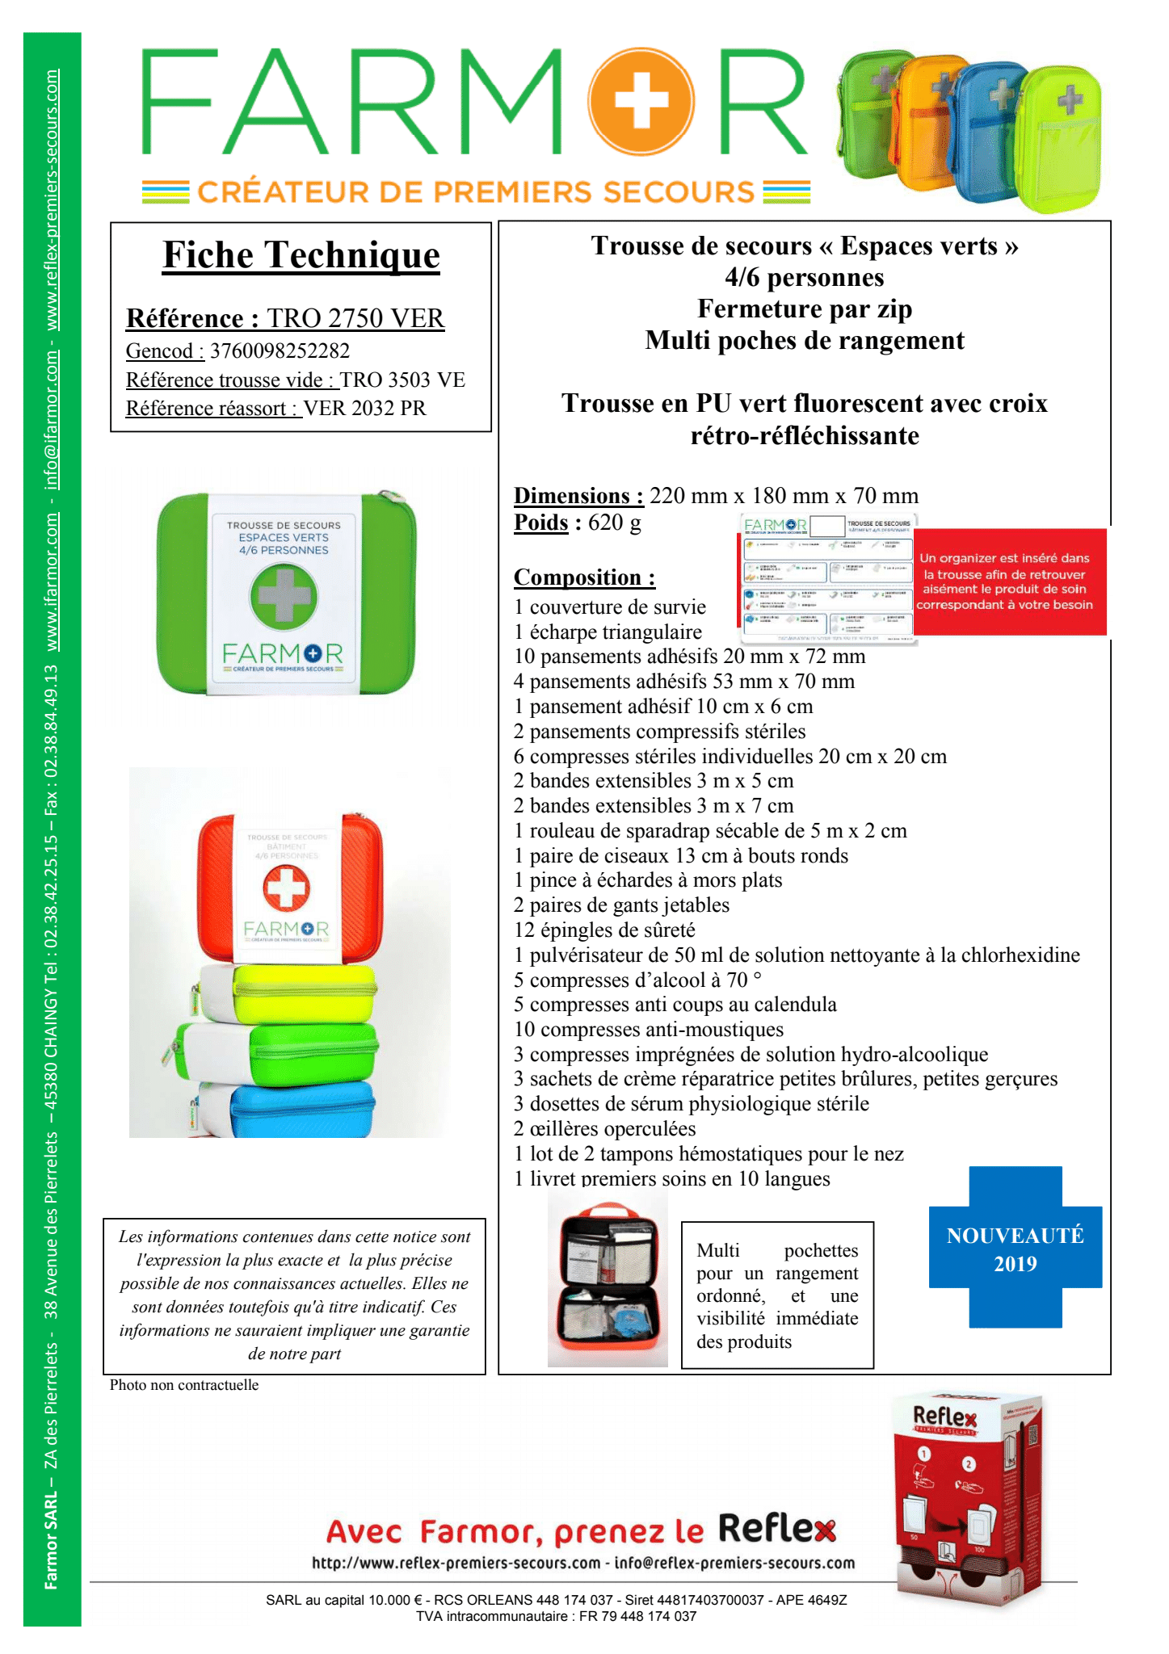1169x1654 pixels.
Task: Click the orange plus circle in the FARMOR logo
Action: click(641, 102)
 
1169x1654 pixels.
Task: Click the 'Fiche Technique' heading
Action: click(301, 255)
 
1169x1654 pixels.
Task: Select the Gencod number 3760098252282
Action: click(280, 351)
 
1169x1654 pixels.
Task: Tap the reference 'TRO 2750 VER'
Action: click(355, 319)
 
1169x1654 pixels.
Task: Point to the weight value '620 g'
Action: click(615, 523)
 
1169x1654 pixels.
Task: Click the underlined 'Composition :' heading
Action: click(584, 577)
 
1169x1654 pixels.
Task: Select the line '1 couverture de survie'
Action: click(610, 607)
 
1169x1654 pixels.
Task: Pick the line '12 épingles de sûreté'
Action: click(604, 930)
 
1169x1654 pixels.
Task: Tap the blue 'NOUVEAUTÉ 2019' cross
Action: click(1015, 1248)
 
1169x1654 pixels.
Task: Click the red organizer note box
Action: click(1009, 581)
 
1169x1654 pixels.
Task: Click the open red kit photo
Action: click(608, 1284)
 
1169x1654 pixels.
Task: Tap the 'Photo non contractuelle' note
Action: click(184, 1385)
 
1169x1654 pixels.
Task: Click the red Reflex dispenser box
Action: click(967, 1502)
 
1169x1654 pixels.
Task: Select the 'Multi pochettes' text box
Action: click(777, 1295)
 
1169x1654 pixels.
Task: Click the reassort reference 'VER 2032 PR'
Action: click(364, 409)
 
